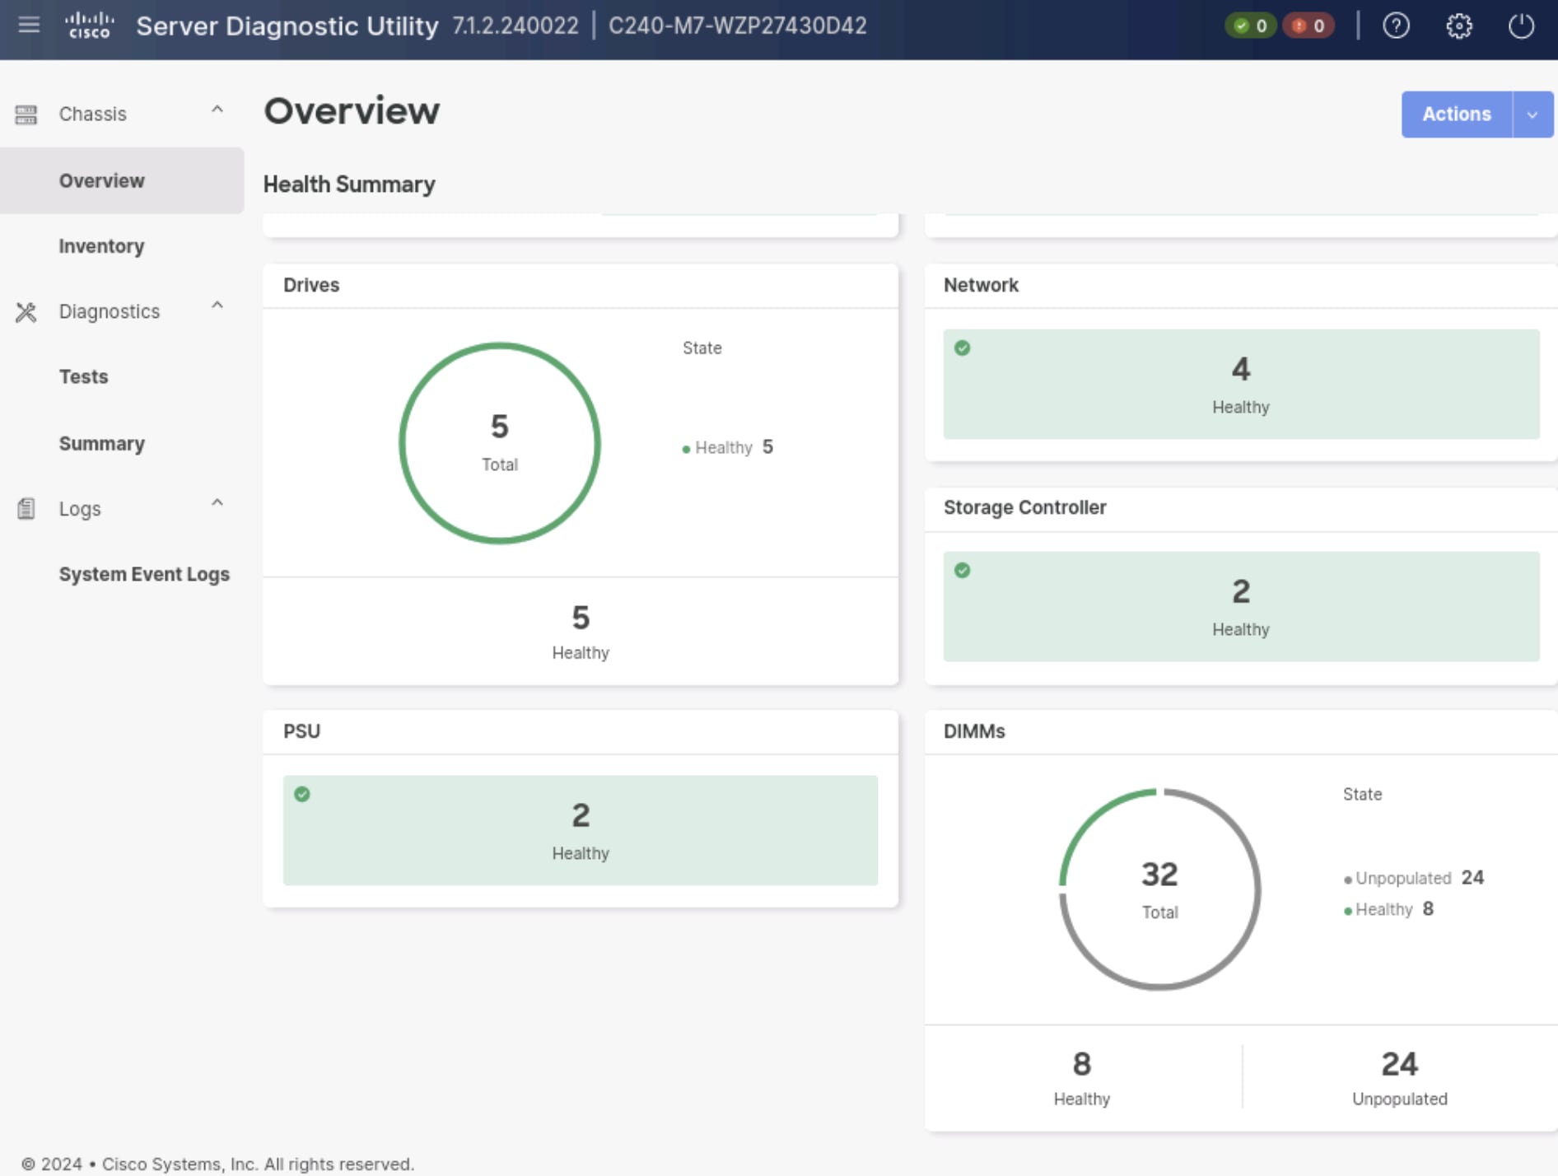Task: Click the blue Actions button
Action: (x=1456, y=114)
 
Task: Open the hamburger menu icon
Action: (x=29, y=25)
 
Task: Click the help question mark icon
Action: (x=1396, y=26)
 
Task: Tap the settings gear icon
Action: (x=1458, y=26)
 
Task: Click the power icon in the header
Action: (x=1520, y=26)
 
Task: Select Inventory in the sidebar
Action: (x=101, y=246)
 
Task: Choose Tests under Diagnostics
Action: (x=83, y=376)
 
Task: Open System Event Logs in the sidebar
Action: (x=144, y=574)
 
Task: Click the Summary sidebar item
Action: (x=101, y=443)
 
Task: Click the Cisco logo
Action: (x=89, y=25)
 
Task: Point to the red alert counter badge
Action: (x=1308, y=26)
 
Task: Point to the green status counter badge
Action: (x=1250, y=26)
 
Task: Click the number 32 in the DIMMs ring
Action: (x=1159, y=875)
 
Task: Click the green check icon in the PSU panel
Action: (x=302, y=794)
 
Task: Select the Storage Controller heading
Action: (x=1024, y=507)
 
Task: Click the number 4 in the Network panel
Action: (x=1240, y=369)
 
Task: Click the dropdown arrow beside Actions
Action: (x=1532, y=114)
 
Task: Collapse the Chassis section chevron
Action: (x=217, y=110)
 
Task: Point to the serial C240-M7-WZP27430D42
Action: (x=737, y=26)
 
